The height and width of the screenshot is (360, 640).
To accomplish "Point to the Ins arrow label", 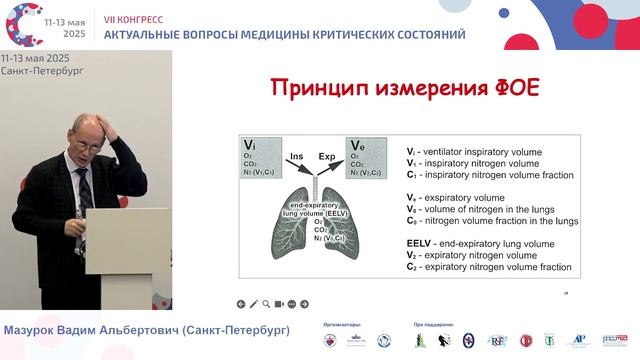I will [297, 156].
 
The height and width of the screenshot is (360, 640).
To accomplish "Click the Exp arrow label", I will [327, 156].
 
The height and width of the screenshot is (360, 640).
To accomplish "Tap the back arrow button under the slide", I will [241, 303].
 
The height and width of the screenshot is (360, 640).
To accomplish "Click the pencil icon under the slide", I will [254, 303].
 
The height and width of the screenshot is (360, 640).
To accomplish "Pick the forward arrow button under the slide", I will [305, 303].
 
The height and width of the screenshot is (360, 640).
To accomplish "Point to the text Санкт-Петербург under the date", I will [42, 72].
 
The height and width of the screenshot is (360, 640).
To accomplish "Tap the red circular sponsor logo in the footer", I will [526, 341].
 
